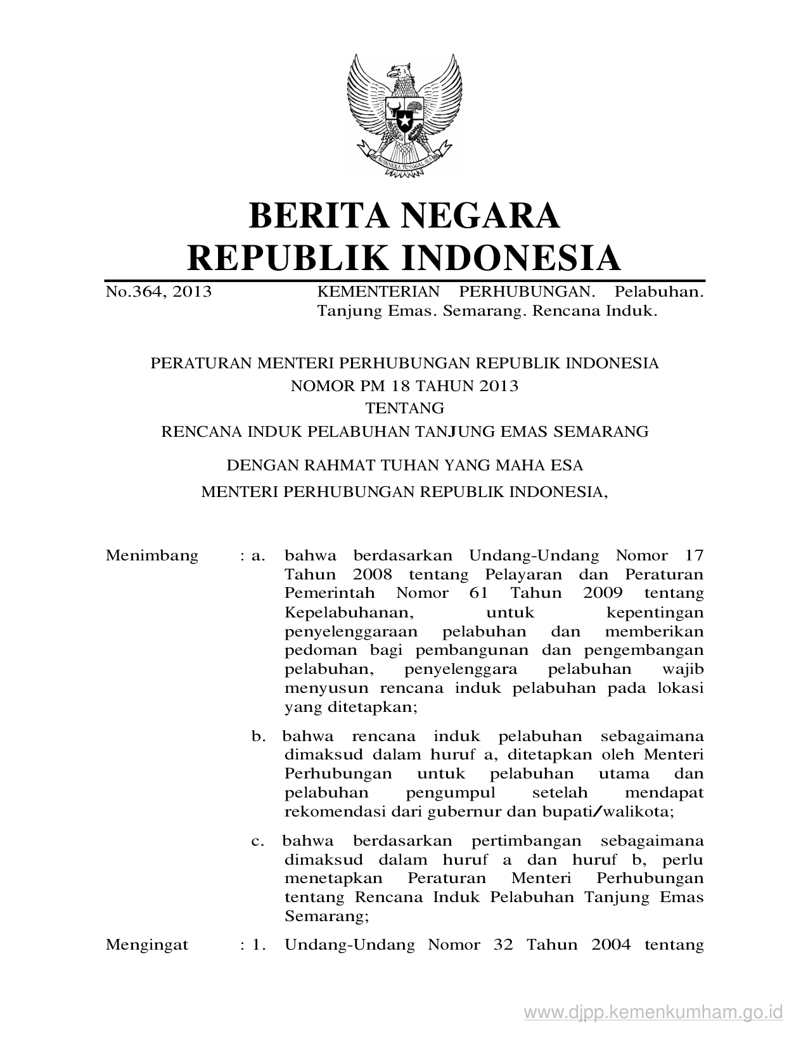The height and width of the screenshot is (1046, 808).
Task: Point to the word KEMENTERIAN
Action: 378,292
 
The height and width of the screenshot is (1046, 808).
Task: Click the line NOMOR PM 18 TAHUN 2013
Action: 404,385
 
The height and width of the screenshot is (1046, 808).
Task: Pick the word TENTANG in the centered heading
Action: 404,408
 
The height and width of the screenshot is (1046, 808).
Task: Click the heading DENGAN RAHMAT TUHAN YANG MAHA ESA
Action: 404,466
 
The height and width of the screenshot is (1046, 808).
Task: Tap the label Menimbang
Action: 152,556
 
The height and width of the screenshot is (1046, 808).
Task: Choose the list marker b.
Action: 258,737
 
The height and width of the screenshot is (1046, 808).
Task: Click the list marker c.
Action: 257,842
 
